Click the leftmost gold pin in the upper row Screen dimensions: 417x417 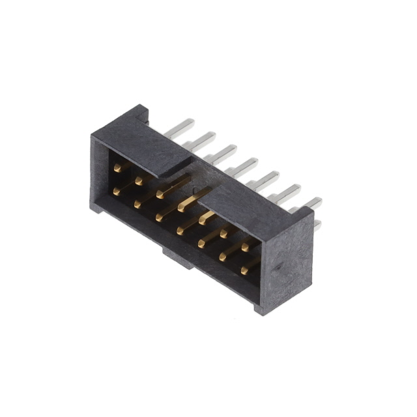click(x=117, y=167)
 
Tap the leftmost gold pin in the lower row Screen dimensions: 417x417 click(x=117, y=191)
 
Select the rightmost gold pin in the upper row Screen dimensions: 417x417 click(x=245, y=246)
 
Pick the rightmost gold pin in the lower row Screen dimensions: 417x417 click(x=244, y=268)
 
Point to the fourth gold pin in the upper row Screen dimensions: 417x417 click(x=182, y=207)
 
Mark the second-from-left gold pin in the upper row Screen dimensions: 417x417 click(x=138, y=180)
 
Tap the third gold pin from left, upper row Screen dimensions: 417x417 click(x=160, y=194)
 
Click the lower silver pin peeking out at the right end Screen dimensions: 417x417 click(x=317, y=224)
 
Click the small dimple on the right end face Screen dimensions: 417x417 click(x=279, y=266)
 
